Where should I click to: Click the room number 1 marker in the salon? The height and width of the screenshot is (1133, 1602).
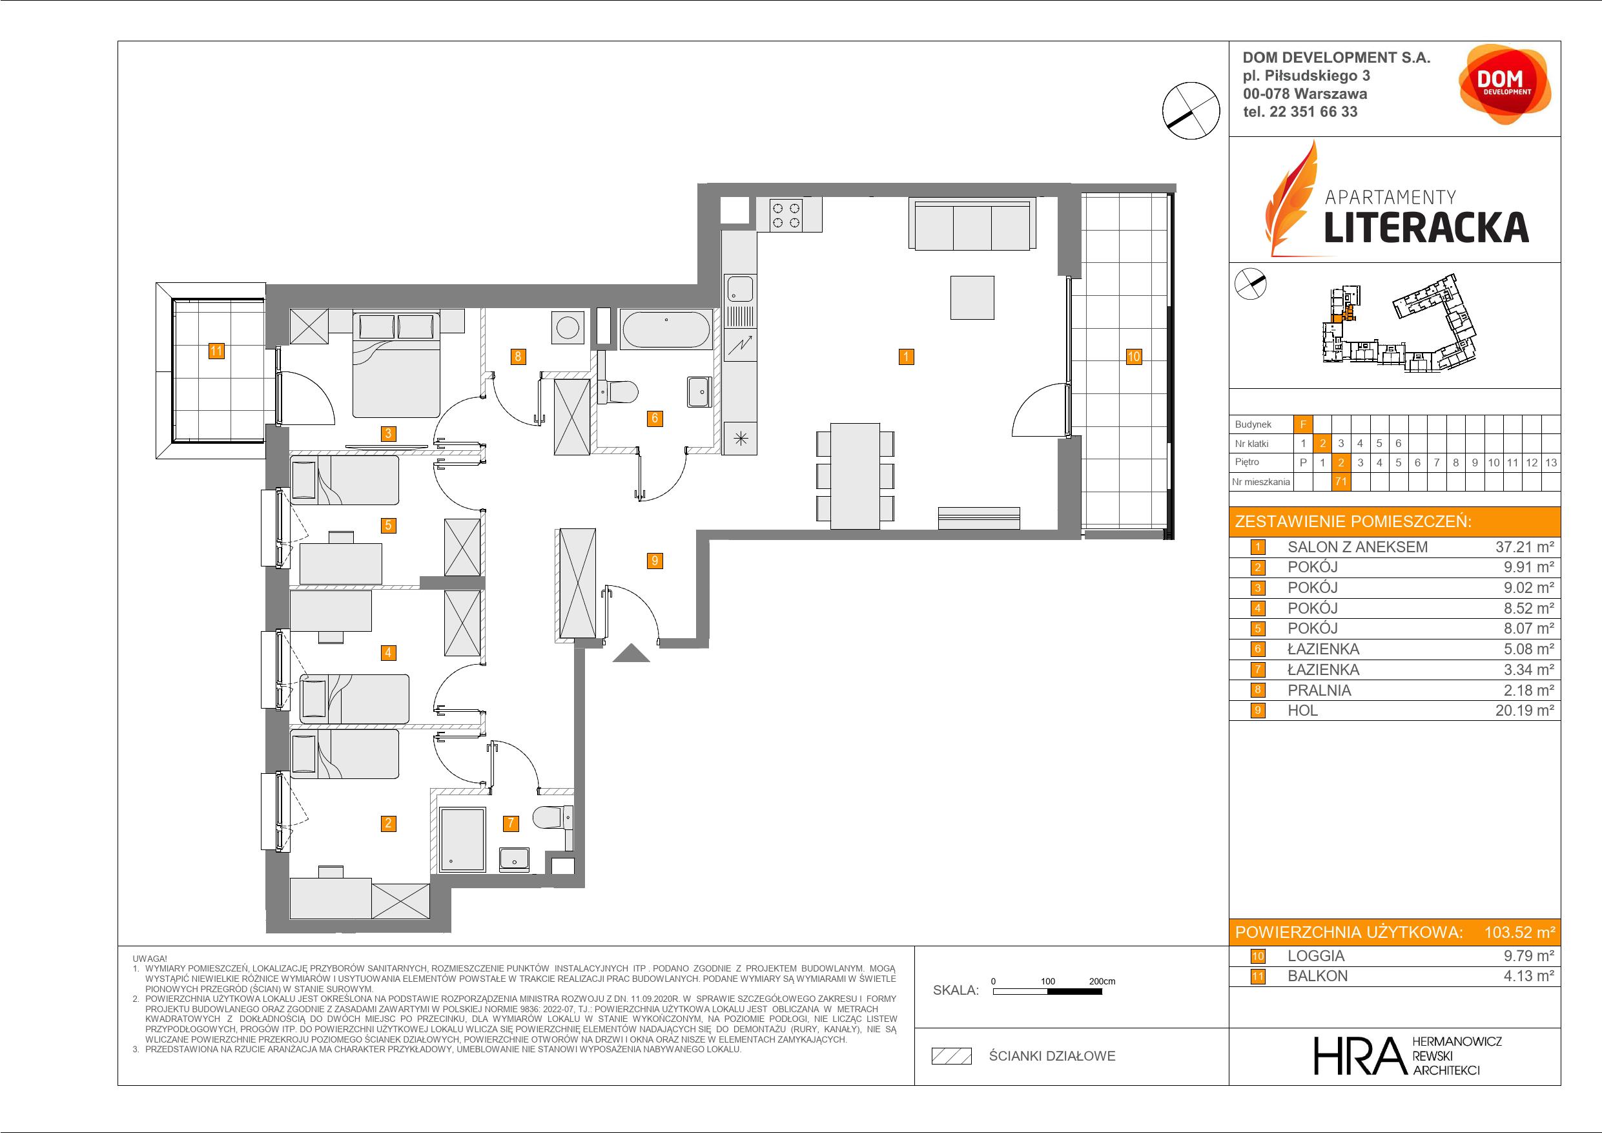(906, 357)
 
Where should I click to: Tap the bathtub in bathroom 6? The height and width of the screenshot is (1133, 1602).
(666, 329)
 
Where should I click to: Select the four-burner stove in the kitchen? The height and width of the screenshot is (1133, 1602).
(786, 214)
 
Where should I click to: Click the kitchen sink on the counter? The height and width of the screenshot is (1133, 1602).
(739, 288)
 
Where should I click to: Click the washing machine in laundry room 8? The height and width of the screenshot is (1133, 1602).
(568, 327)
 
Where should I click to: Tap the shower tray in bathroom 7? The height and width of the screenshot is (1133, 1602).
(462, 840)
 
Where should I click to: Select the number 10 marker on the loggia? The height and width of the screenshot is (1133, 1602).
(1134, 357)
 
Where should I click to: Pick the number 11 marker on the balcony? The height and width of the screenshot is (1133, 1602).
(216, 351)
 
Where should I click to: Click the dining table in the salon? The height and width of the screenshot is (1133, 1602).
(856, 476)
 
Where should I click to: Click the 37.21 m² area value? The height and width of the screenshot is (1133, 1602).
(1525, 547)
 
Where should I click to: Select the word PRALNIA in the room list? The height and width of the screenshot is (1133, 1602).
(1319, 691)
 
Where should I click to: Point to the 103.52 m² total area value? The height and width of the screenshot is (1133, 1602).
(1519, 932)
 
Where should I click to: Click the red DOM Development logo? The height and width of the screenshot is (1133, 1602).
(1504, 85)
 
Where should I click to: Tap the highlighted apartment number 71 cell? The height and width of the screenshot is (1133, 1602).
(1340, 482)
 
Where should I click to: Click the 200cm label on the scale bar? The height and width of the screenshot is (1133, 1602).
(1102, 981)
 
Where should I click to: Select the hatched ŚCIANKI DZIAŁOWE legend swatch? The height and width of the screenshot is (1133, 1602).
(952, 1056)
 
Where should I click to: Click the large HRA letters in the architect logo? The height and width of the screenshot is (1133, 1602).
(1359, 1055)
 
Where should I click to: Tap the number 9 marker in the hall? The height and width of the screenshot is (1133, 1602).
(655, 561)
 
